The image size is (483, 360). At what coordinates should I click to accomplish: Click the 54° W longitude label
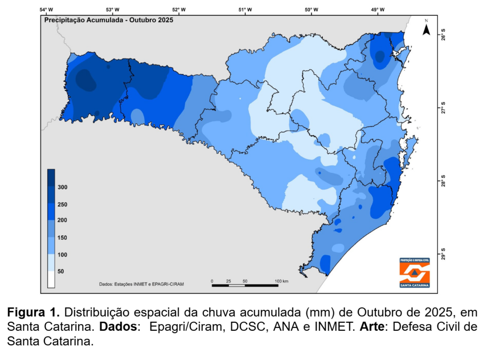(46, 10)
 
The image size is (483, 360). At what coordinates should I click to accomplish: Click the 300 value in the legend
(63, 187)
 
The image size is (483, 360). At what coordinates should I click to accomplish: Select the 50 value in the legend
(61, 272)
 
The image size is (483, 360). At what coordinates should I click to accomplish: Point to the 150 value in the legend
(62, 238)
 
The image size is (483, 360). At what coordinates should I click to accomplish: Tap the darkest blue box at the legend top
(51, 174)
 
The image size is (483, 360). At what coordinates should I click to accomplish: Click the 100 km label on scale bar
(282, 281)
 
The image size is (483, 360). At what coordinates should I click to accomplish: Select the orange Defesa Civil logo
(414, 273)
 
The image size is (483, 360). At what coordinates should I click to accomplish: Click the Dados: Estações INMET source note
(142, 284)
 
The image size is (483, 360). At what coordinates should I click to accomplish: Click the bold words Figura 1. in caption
(33, 312)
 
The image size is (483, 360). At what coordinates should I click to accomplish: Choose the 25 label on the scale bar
(228, 281)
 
